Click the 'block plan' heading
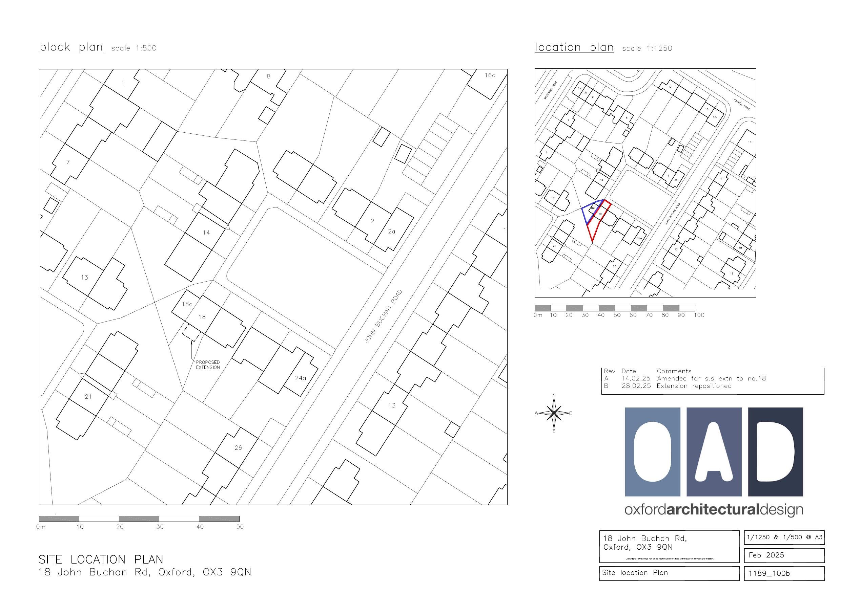[71, 47]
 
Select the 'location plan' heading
[574, 48]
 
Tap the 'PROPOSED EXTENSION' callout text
[208, 365]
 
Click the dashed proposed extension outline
[191, 333]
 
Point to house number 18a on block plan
[187, 304]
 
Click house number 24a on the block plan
[300, 378]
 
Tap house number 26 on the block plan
[238, 447]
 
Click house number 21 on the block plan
[88, 396]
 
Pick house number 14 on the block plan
[206, 233]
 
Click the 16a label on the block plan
[490, 75]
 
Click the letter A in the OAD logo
[714, 452]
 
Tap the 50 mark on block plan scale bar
[240, 527]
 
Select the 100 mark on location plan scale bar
[699, 315]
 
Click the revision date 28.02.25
[636, 386]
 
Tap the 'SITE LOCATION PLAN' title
[101, 559]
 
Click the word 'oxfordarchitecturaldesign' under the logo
[714, 510]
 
